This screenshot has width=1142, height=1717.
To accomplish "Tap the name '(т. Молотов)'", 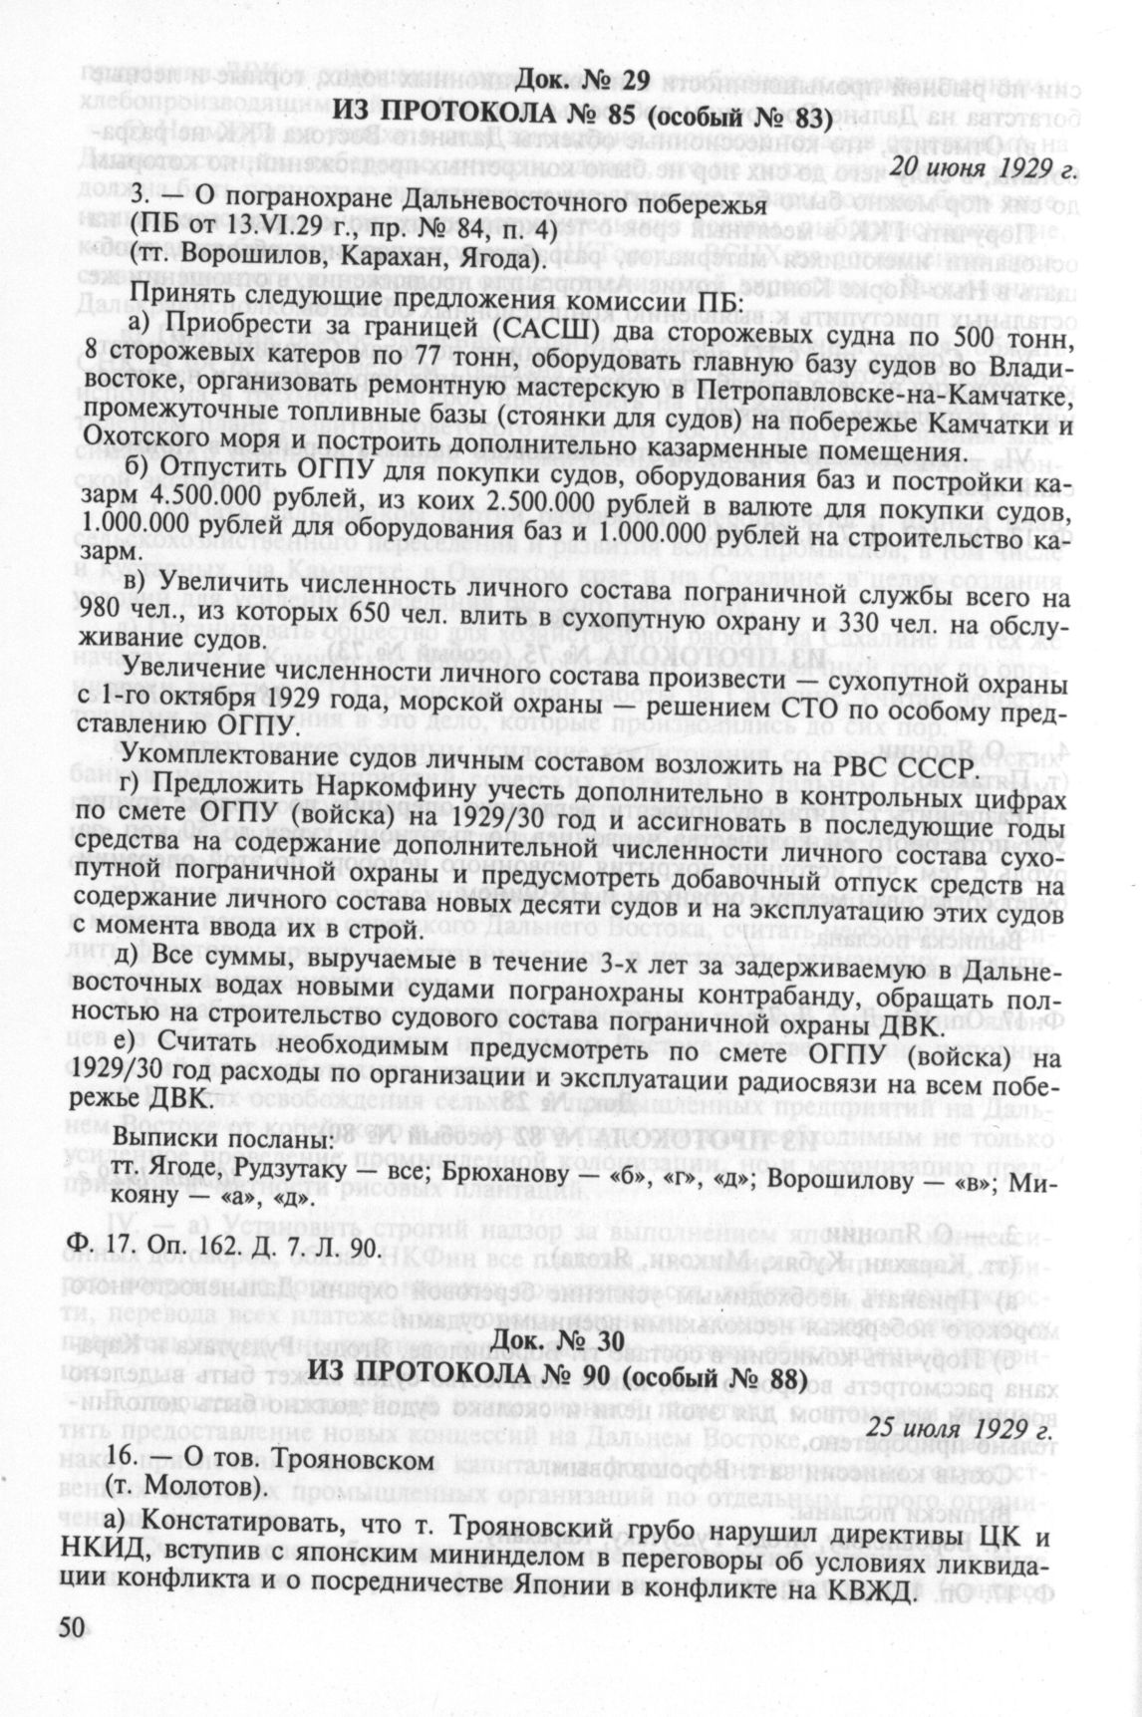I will click(x=187, y=1489).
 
